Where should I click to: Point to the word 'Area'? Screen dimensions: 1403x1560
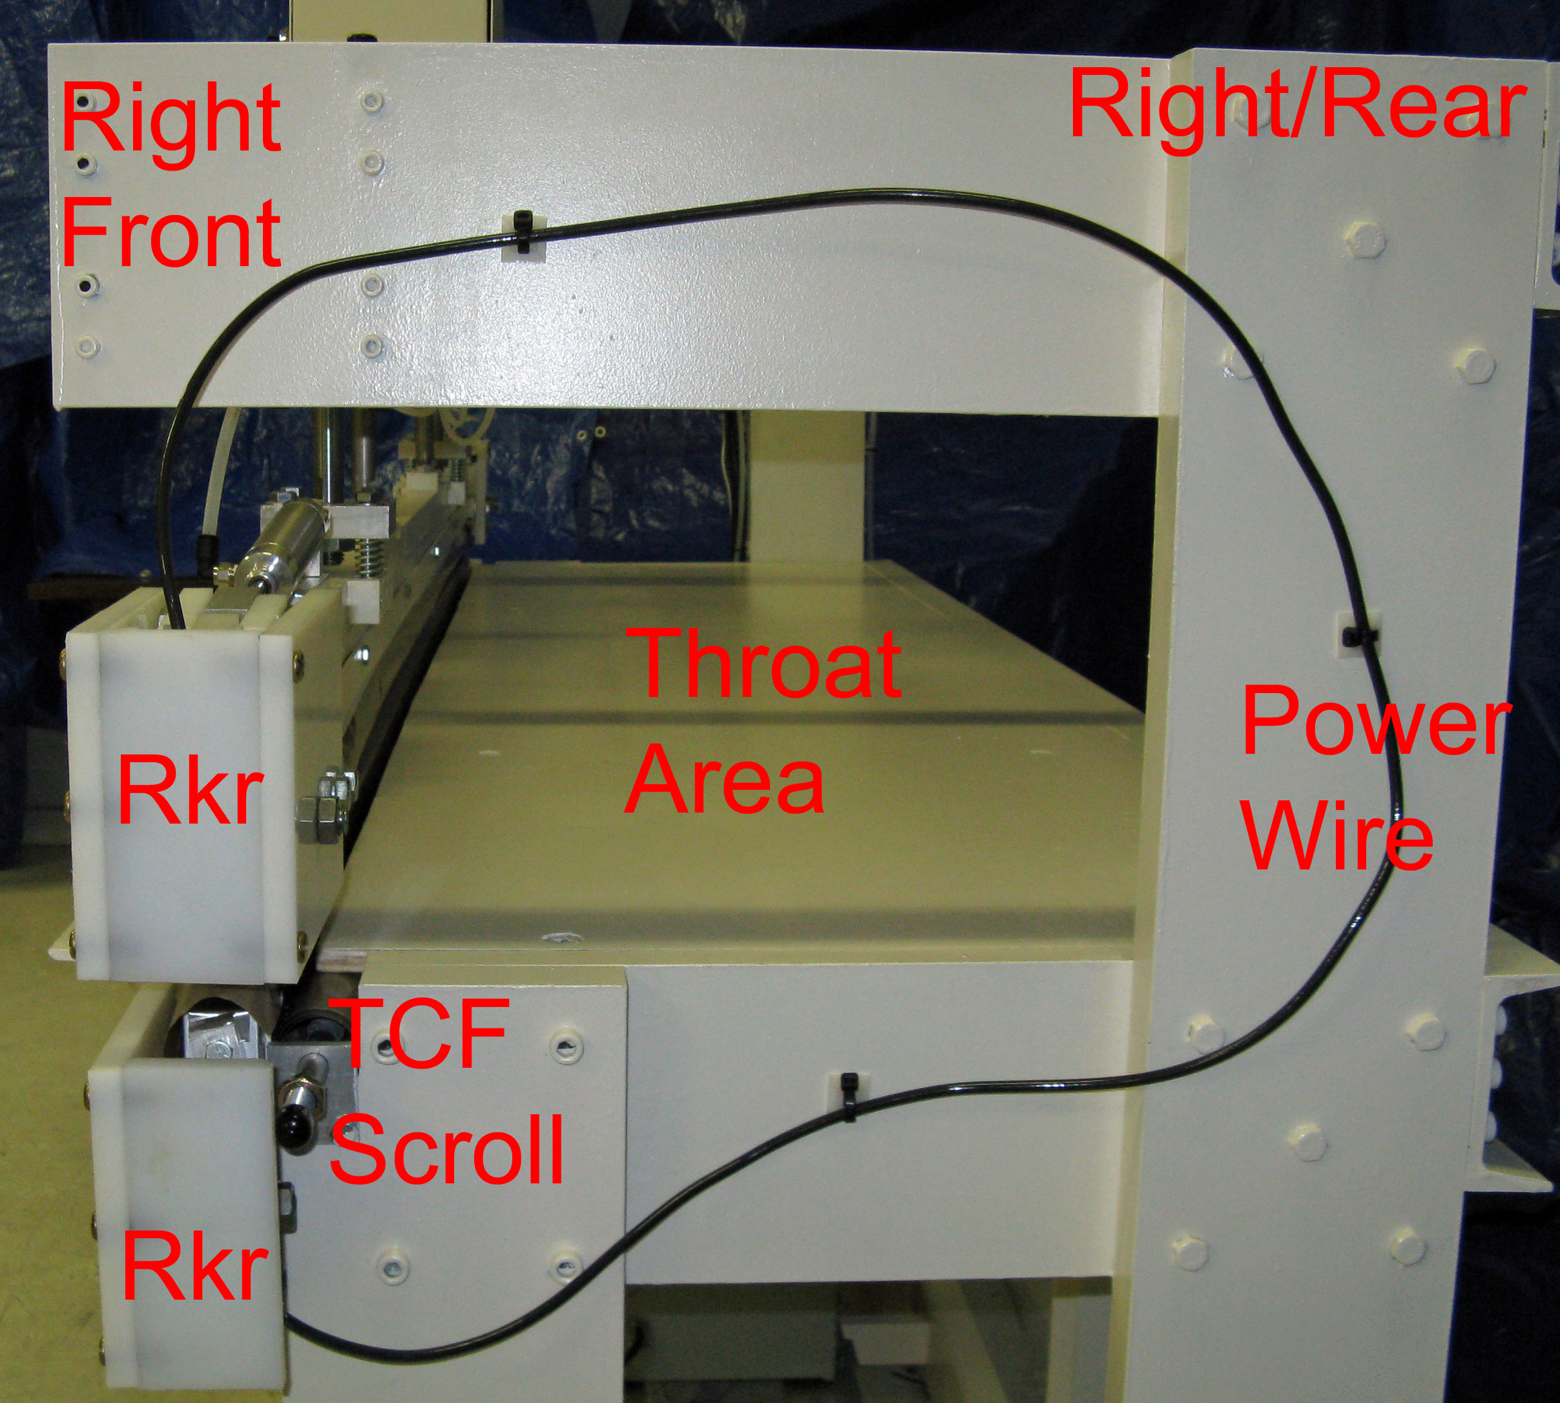tap(725, 778)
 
